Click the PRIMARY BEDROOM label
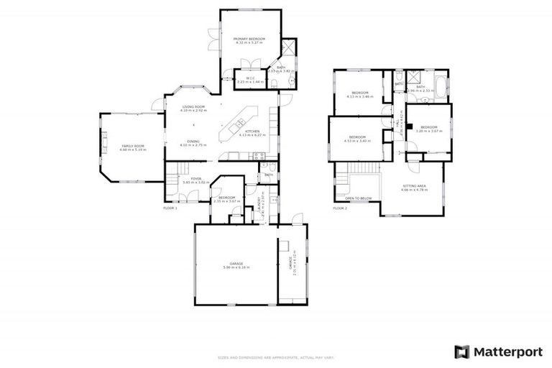pyautogui.click(x=249, y=38)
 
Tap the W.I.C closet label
pyautogui.click(x=251, y=78)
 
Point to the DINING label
pyautogui.click(x=193, y=141)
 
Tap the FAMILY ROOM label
pyautogui.click(x=133, y=146)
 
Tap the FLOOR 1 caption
pyautogui.click(x=170, y=208)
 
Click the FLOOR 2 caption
pyautogui.click(x=340, y=208)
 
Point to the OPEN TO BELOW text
pyautogui.click(x=358, y=198)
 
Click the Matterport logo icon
pyautogui.click(x=462, y=351)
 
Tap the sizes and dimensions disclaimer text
pyautogui.click(x=276, y=357)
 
